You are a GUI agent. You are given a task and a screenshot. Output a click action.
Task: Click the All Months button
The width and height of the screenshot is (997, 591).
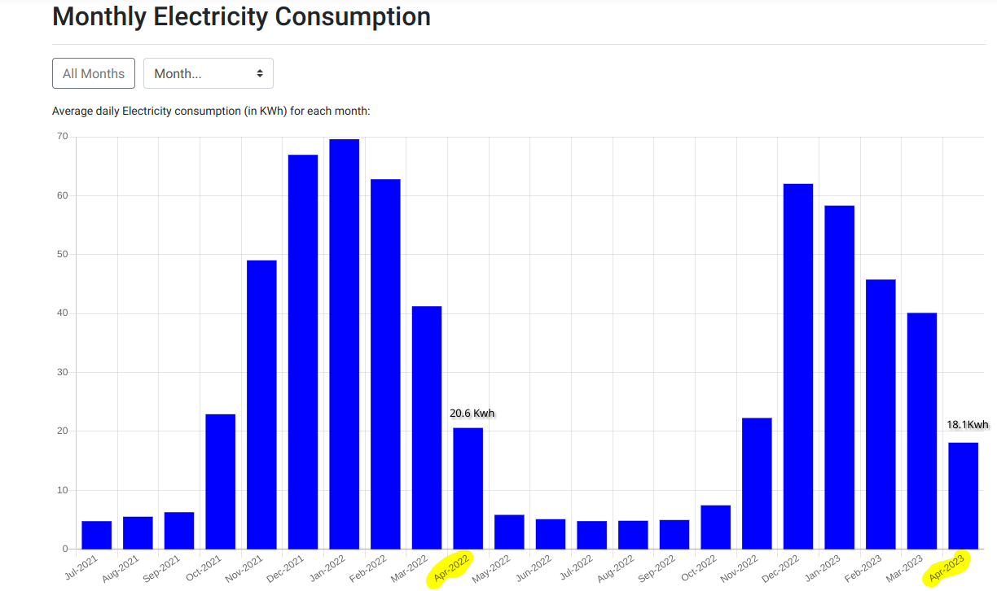click(94, 73)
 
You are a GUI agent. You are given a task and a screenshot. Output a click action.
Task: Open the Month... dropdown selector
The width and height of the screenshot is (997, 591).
click(209, 73)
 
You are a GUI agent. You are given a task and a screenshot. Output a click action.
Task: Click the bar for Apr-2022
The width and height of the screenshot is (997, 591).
click(468, 488)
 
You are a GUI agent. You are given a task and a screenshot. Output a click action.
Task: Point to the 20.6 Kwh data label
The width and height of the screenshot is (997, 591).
click(472, 413)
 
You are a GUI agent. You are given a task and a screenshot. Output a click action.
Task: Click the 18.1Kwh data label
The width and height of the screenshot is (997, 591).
click(967, 424)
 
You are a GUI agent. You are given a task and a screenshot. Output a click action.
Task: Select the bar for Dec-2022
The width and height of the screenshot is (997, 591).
click(797, 366)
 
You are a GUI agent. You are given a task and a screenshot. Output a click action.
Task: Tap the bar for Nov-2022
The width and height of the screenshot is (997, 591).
click(757, 484)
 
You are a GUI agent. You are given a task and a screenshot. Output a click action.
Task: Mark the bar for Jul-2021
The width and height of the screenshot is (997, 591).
click(97, 535)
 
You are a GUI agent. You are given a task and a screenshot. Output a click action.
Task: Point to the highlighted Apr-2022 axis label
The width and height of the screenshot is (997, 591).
click(452, 568)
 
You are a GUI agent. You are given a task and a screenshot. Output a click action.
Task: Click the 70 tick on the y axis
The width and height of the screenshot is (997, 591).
click(62, 136)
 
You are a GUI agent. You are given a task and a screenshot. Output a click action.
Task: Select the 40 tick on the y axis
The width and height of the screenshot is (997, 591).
click(62, 313)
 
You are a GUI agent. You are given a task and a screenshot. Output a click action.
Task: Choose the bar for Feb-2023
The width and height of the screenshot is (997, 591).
click(881, 414)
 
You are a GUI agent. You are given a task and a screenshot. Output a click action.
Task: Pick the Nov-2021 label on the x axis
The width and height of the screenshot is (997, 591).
click(245, 568)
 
